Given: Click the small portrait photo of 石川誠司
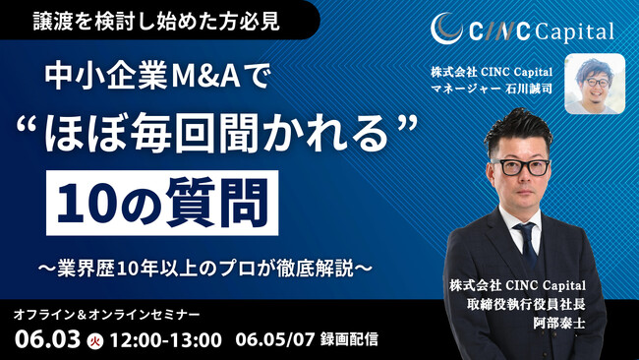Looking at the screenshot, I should tap(595, 84).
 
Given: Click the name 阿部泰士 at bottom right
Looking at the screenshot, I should tap(558, 320).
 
